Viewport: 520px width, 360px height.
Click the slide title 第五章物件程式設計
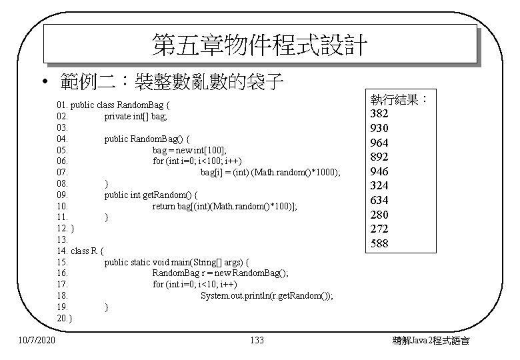pyautogui.click(x=260, y=45)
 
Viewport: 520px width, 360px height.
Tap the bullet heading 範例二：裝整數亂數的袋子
pyautogui.click(x=169, y=83)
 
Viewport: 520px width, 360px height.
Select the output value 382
pyautogui.click(x=379, y=113)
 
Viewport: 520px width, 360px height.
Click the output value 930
pyautogui.click(x=379, y=128)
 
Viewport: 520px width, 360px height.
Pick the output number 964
pyautogui.click(x=379, y=143)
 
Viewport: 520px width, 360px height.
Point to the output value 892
pyautogui.click(x=379, y=157)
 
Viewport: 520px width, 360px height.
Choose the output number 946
pyautogui.click(x=379, y=171)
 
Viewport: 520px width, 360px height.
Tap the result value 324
pyautogui.click(x=379, y=186)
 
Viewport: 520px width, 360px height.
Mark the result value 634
pyautogui.click(x=379, y=200)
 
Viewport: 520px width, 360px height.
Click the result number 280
pyautogui.click(x=379, y=215)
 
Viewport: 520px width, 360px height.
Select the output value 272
pyautogui.click(x=379, y=229)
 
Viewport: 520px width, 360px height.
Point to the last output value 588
pyautogui.click(x=379, y=244)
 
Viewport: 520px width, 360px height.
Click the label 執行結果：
pyautogui.click(x=399, y=99)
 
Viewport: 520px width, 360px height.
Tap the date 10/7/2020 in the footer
pyautogui.click(x=37, y=341)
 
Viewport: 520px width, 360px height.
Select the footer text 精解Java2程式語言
pyautogui.click(x=432, y=341)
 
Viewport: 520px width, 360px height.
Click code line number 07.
pyautogui.click(x=63, y=172)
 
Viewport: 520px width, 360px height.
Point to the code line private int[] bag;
pyautogui.click(x=135, y=116)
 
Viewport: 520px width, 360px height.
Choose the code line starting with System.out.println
pyautogui.click(x=267, y=295)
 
